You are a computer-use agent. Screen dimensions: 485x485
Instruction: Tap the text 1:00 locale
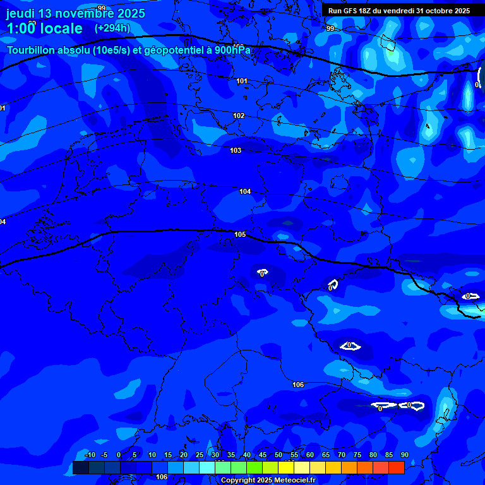click(44, 28)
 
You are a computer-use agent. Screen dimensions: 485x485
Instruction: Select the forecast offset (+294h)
click(112, 28)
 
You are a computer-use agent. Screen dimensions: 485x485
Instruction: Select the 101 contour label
click(242, 81)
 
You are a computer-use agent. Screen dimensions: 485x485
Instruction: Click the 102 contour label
click(238, 116)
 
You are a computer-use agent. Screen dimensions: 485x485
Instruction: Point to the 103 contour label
click(236, 151)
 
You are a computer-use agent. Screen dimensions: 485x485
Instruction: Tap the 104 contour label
click(245, 191)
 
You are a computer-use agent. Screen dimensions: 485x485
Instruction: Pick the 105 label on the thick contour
click(240, 234)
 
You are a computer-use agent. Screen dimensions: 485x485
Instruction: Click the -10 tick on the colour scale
click(90, 455)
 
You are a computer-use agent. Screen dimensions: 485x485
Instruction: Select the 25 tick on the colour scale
click(200, 455)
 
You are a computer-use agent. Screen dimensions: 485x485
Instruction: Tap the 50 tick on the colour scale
click(278, 455)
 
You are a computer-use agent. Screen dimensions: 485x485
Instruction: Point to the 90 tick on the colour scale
click(404, 455)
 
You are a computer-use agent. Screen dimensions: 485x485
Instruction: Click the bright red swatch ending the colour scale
click(396, 467)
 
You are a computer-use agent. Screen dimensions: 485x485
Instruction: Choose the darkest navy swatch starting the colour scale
click(80, 467)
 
